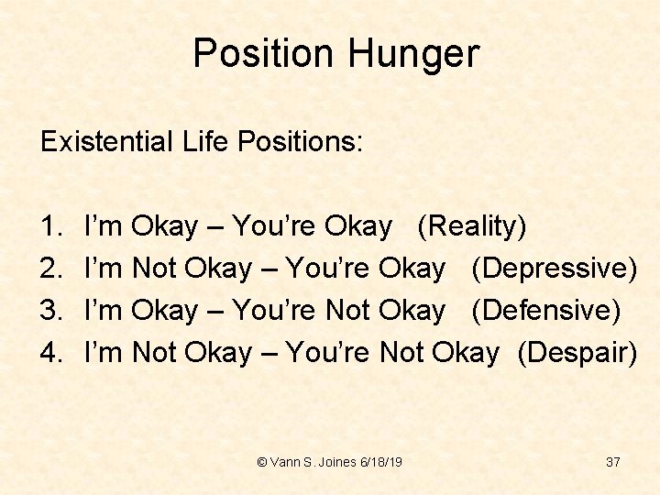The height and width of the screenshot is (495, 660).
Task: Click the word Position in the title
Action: (x=264, y=53)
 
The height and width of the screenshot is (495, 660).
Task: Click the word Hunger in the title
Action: (x=412, y=55)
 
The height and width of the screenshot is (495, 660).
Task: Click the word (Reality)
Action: (x=472, y=226)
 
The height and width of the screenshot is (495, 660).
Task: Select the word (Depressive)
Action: (x=555, y=269)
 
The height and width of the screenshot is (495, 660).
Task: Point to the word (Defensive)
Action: (x=546, y=311)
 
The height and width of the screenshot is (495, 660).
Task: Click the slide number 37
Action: (x=613, y=462)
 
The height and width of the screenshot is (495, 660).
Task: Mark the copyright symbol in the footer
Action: (x=262, y=462)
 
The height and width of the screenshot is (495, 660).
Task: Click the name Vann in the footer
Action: (x=285, y=462)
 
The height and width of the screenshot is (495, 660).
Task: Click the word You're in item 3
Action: (x=275, y=311)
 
